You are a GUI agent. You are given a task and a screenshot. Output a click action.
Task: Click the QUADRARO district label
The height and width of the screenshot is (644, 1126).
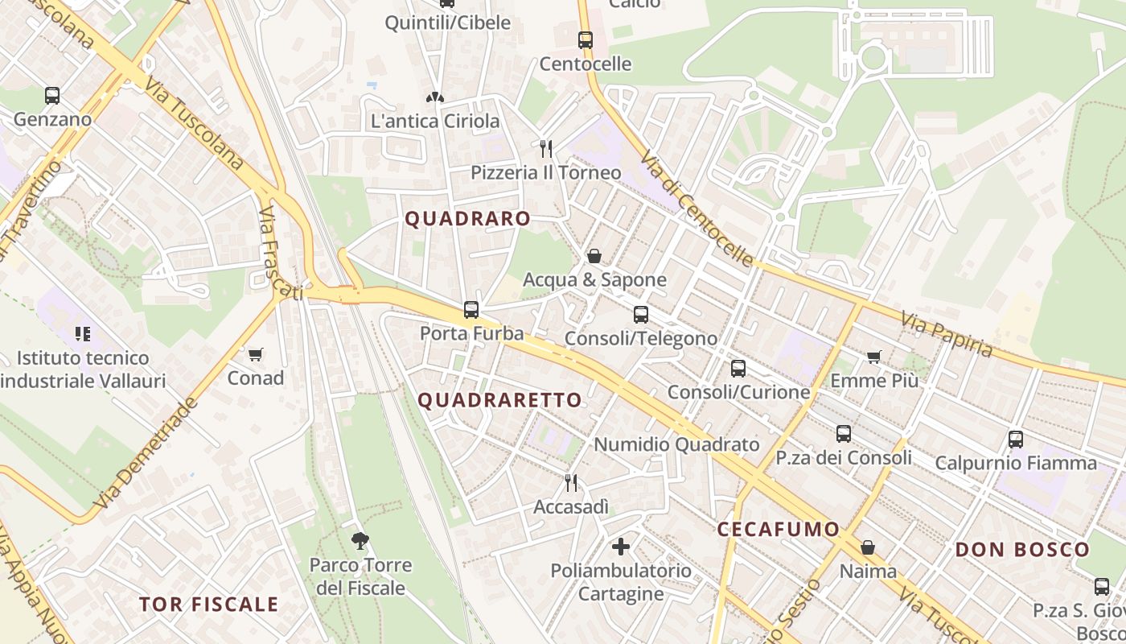[467, 218]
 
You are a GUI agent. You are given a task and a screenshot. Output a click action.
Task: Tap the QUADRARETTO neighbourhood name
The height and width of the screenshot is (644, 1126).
[499, 400]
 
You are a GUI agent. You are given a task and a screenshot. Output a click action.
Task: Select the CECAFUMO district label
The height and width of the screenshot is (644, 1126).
[778, 529]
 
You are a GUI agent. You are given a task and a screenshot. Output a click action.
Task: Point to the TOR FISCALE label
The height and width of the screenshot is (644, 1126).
[208, 605]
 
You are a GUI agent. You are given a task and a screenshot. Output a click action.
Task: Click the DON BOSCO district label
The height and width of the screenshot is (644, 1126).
[1022, 550]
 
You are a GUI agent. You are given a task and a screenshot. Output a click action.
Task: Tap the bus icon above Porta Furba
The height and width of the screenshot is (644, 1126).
[471, 309]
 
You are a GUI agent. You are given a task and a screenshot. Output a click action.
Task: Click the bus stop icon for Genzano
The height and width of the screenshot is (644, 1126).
[52, 96]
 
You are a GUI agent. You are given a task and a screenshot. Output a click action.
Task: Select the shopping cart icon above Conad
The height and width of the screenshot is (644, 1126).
[256, 354]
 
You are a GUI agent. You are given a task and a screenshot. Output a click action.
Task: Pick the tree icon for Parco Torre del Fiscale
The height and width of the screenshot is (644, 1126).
[360, 540]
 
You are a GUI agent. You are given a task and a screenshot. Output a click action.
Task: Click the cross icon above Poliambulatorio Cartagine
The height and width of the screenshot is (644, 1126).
[621, 547]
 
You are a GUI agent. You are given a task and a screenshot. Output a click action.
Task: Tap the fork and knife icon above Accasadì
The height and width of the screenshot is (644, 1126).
[571, 483]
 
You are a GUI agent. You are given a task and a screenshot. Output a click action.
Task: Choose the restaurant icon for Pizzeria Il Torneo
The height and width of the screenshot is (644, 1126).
[546, 148]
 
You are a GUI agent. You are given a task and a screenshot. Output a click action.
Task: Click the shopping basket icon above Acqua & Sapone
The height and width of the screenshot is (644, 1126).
[594, 256]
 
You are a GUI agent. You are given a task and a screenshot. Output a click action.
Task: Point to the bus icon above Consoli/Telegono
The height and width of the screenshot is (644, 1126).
[641, 315]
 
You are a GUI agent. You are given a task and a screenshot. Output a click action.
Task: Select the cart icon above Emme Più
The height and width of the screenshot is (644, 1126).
[874, 357]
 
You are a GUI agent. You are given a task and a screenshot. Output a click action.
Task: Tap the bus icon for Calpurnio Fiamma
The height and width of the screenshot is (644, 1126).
[1016, 440]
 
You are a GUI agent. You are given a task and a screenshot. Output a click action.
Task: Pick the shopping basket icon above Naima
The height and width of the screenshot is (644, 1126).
[868, 547]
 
